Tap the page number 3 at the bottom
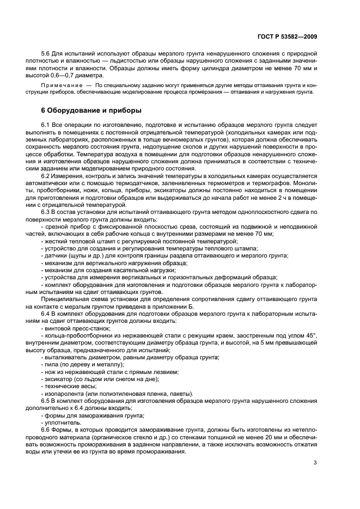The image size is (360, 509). (x=315, y=463)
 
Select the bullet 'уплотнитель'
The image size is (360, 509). (x=60, y=422)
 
